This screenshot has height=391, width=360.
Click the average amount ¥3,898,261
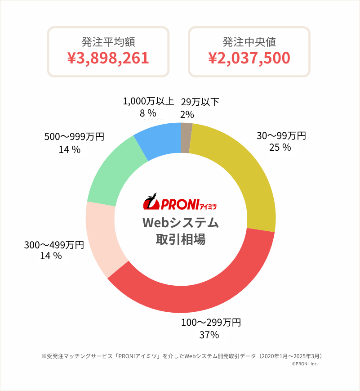(108, 58)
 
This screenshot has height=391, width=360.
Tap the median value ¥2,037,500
(249, 58)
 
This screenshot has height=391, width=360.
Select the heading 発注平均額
(108, 42)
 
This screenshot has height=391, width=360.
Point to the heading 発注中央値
(249, 42)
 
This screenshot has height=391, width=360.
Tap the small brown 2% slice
(186, 138)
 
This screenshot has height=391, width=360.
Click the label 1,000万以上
(148, 102)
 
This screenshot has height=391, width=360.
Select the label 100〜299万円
(211, 323)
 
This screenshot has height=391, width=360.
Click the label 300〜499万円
(54, 245)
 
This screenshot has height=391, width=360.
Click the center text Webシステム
(180, 223)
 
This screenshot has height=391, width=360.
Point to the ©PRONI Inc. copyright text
(305, 364)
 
